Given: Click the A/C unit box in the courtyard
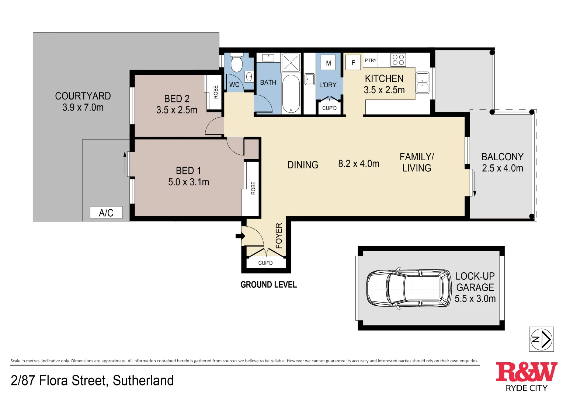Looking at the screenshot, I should coord(106,213).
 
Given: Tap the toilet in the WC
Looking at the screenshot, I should coord(236,63).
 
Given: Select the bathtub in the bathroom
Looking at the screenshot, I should coord(291,94).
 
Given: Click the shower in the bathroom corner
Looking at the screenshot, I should coord(291,63).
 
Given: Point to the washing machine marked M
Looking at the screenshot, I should coord(328,63).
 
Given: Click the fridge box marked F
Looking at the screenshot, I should coord(353,63).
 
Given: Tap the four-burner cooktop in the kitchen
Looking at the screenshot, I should coord(398,60).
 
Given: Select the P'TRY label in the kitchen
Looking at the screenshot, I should coord(371,60).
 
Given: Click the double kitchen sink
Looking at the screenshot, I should coord(423,83).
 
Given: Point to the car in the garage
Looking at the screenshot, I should coord(409,288).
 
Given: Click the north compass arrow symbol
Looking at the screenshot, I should coord(541,339).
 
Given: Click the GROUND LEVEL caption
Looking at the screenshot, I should coord(268,284).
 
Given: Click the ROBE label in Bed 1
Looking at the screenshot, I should coord(253,188).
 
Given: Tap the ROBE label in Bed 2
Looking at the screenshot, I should coord(216,92).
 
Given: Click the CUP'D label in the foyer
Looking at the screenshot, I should coord(265,263).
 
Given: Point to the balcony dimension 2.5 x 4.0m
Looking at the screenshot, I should coord(503,168).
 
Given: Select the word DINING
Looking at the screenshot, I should coord(303,165).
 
